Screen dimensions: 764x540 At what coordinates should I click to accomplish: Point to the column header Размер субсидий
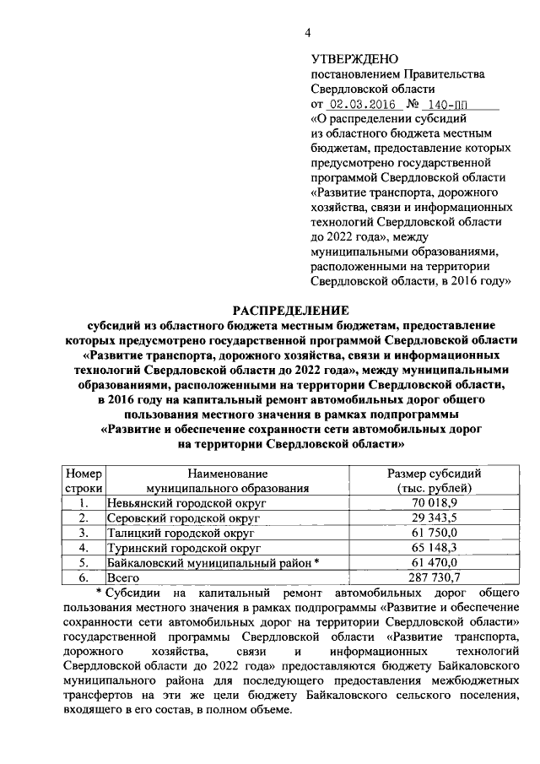tap(434, 474)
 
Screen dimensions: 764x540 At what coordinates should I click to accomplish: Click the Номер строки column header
tap(84, 480)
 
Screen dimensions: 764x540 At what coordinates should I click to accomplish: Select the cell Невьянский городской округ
tap(175, 502)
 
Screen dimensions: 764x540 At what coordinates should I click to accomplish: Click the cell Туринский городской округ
tap(170, 548)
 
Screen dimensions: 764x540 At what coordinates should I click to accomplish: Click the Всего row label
tap(122, 577)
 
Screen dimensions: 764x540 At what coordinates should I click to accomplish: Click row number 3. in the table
tap(84, 533)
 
